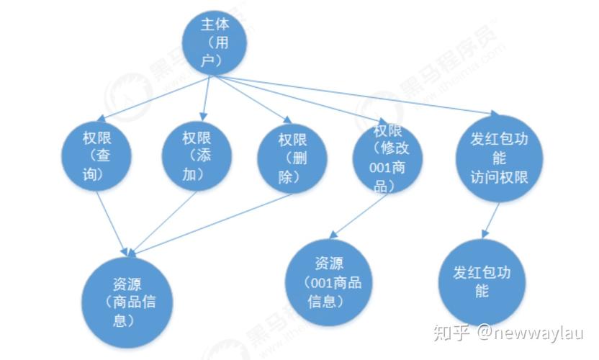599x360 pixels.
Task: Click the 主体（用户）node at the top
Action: coord(215,42)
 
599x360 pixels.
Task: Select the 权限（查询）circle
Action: coord(96,156)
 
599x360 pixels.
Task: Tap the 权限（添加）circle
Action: coord(197,156)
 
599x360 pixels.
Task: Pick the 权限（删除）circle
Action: coord(292,158)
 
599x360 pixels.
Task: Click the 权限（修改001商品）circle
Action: coord(387,158)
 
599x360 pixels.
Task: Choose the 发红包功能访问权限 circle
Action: coord(500,158)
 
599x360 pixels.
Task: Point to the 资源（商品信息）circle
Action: coord(127,302)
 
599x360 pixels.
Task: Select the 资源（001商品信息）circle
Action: coord(329,282)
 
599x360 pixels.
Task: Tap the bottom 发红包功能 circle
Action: coord(482,282)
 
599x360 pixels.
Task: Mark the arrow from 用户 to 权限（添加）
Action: coord(207,98)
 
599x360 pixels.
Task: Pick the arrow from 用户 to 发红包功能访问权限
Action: coord(355,95)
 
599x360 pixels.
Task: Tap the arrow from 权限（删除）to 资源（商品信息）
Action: coord(211,225)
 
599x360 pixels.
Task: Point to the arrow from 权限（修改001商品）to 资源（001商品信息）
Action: coord(359,216)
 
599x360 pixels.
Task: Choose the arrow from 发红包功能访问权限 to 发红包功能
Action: coord(491,220)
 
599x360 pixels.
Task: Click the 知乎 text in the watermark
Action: coord(451,333)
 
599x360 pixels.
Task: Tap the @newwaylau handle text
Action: coord(530,333)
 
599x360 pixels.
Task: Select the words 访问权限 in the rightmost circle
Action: coord(500,177)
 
